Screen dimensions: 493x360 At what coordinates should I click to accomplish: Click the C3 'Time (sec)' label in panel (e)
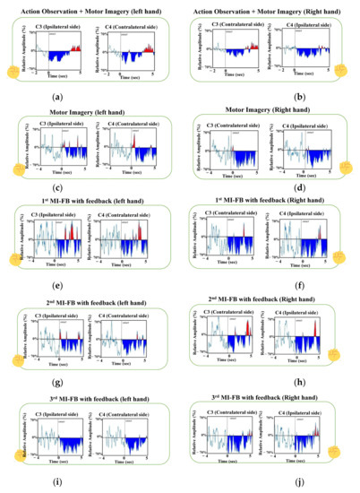tap(56, 267)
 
